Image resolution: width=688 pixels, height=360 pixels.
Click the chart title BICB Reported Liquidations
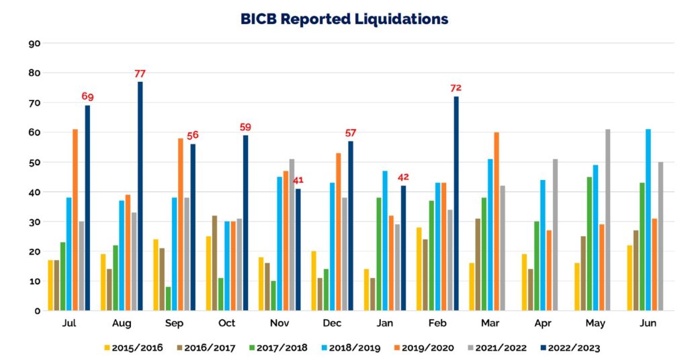pos(344,19)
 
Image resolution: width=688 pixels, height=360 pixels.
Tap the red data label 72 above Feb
pos(456,88)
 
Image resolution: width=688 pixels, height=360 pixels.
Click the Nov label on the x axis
pos(279,324)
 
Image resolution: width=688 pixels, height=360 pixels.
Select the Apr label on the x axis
pos(543,324)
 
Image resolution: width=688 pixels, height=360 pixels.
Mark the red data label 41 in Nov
pos(298,180)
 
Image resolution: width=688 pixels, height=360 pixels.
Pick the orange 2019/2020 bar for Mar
pos(497,222)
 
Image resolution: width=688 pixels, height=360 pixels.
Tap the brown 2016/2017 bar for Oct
pos(214,263)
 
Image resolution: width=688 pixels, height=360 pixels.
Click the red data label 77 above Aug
pos(140,73)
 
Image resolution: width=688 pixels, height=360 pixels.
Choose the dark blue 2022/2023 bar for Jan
pos(404,249)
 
